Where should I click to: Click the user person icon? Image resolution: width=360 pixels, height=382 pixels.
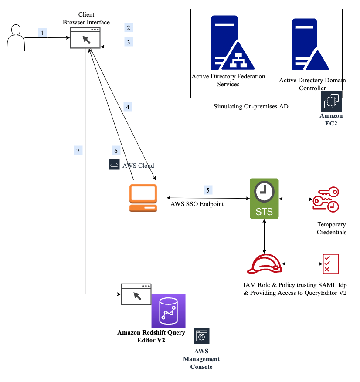[16, 37]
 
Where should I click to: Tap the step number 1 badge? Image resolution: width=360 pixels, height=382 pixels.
[42, 33]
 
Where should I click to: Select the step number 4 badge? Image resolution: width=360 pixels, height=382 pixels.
[128, 107]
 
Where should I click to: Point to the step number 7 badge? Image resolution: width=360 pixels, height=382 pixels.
[78, 151]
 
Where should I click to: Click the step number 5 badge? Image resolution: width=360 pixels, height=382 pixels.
[208, 190]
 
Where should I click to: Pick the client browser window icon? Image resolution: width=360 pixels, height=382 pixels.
[85, 38]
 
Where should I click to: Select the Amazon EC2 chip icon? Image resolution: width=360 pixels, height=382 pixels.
[331, 101]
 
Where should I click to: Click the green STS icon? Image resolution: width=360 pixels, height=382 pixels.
[264, 199]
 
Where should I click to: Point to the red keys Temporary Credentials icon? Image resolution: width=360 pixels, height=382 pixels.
[326, 199]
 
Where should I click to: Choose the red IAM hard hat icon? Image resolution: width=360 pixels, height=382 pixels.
[265, 264]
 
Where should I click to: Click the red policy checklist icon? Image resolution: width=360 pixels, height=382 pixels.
[331, 264]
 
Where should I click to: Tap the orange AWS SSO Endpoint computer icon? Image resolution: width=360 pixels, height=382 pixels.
[143, 198]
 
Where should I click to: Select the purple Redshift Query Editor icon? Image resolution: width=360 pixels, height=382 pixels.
[168, 311]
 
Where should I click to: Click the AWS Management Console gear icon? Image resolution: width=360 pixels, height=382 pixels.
[201, 336]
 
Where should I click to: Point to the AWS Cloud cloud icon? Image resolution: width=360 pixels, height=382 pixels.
[114, 164]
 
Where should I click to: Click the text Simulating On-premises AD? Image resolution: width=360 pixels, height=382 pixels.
[251, 106]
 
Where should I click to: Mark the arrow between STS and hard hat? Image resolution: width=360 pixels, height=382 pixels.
[264, 237]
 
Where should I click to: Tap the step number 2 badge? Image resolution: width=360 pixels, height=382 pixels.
[129, 28]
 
